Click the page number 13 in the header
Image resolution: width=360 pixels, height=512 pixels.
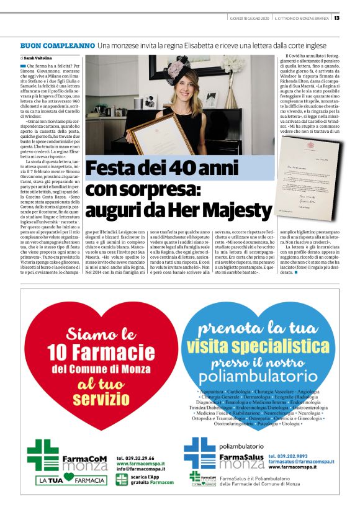(x=353, y=17)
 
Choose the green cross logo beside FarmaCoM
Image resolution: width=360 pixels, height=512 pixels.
(x=43, y=452)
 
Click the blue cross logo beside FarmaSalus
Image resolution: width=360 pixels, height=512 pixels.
(x=199, y=453)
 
